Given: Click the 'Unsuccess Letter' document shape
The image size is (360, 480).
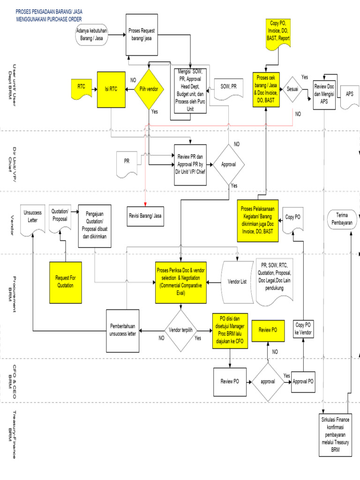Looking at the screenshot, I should pyautogui.click(x=32, y=217).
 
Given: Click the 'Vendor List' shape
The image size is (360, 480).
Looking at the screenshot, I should pyautogui.click(x=237, y=282).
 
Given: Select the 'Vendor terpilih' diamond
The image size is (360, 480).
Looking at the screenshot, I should pyautogui.click(x=180, y=330).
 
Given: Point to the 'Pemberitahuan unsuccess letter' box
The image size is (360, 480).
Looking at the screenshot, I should pyautogui.click(x=123, y=330).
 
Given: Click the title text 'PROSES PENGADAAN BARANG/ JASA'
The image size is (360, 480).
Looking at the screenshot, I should pyautogui.click(x=54, y=12).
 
